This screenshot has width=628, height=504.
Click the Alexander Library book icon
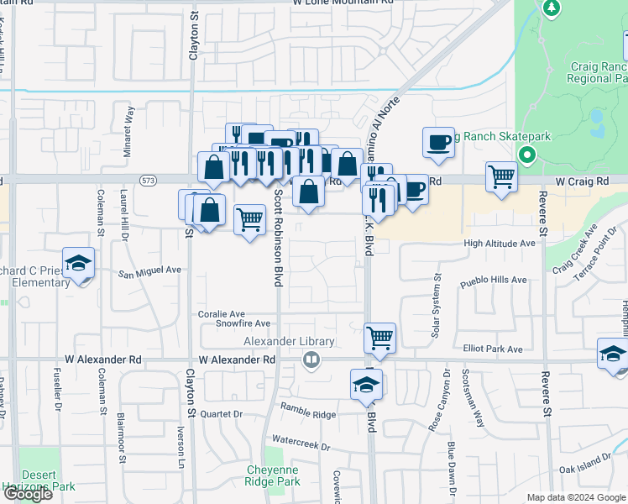coord(311,360)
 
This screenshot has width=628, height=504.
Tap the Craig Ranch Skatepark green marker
coord(527,155)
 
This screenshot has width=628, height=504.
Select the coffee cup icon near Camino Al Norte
coord(437,144)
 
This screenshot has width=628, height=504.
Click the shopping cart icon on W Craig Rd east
coord(501,177)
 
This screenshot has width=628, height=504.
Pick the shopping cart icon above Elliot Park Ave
coord(380,338)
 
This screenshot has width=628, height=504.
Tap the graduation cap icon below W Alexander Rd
coord(366,385)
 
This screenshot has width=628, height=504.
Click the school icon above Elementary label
coord(78,263)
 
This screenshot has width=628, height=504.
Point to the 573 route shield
coord(149,181)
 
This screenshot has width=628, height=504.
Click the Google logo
coord(27,494)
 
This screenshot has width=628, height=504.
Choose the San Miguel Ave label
coord(149,271)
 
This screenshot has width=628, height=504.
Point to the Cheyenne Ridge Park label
coord(273,476)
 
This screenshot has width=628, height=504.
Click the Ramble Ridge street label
coord(308,414)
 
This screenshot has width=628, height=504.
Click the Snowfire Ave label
coord(243,323)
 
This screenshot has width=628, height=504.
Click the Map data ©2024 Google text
coord(575,497)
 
